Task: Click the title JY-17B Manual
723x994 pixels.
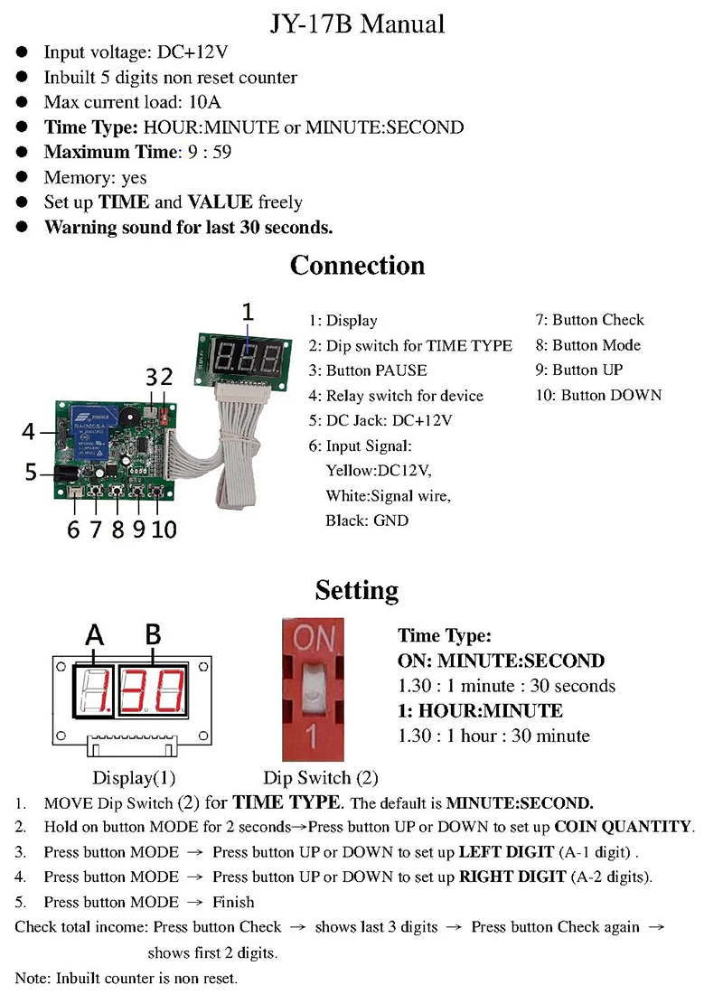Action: coord(358,23)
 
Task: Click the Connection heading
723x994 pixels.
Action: coord(357,266)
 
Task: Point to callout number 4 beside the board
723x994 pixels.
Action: coord(30,432)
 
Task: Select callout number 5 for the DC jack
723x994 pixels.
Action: coord(31,472)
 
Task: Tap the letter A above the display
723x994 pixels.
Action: coord(94,636)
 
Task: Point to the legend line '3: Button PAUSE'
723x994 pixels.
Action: coord(367,370)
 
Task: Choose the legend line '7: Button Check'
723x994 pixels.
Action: coord(589,320)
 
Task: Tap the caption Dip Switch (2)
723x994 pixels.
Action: coord(320,777)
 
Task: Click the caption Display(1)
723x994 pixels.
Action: coord(134,777)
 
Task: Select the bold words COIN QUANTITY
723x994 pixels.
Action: coord(623,826)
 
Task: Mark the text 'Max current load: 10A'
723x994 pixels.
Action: coord(132,102)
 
